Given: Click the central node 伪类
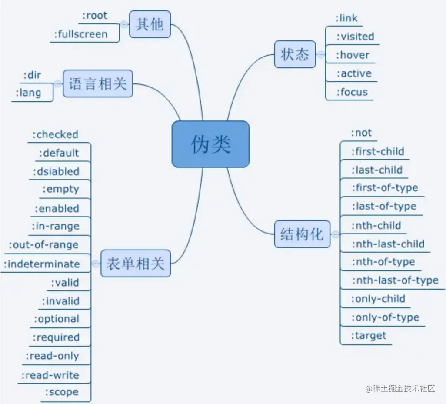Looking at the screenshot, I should pos(210,144).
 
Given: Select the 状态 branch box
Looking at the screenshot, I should pos(295,54).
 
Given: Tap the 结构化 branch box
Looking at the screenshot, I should pos(302,234).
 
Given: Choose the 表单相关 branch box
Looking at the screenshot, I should pos(135,263).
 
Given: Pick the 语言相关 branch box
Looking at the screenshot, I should pos(98,83).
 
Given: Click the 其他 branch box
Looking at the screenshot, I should pos(150,24).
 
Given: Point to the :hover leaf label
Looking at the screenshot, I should pos(353,55).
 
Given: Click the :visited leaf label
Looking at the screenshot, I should pos(355,37).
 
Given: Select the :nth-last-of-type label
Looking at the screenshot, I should pos(395,280).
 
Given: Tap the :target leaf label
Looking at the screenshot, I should pos(369,336).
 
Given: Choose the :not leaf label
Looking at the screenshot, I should pos(362,133).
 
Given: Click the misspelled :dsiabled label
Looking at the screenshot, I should pos(56,171).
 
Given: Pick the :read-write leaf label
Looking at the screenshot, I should pos(50,375).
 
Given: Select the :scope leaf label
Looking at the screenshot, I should pos(62,392).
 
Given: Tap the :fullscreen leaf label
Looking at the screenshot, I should pos(81,34).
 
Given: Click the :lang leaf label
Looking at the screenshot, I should pos(28,93).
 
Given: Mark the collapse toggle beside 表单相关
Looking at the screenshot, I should pos(96,264).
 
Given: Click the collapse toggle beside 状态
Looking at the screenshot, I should pos(321,55).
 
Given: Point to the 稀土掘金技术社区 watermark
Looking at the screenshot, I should pos(400,388).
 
